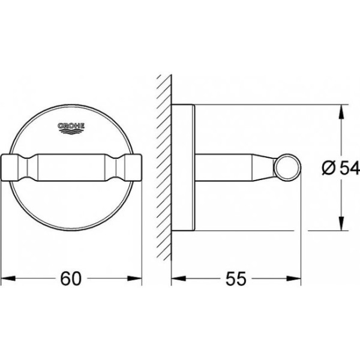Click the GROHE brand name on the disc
(71, 126)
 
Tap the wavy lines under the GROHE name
(71, 131)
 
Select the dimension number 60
(71, 278)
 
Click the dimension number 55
(236, 279)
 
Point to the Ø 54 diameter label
(340, 167)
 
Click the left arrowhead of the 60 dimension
(8, 278)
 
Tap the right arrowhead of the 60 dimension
(135, 278)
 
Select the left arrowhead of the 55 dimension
(179, 279)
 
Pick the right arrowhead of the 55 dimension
(293, 279)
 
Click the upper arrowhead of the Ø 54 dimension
(342, 112)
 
